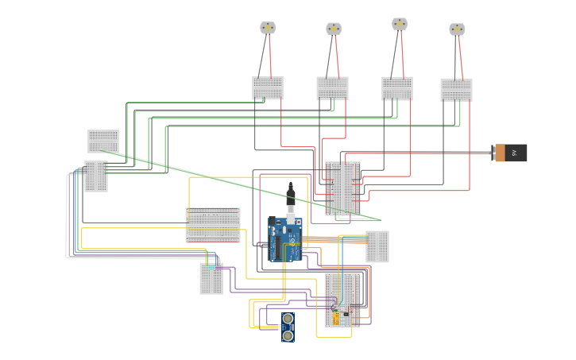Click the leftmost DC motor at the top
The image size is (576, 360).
click(268, 28)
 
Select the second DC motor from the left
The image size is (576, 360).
click(334, 29)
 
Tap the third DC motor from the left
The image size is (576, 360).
click(400, 24)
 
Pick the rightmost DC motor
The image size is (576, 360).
click(457, 29)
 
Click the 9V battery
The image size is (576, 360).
click(510, 153)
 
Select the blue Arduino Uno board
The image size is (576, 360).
click(286, 238)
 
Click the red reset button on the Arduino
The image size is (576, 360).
click(274, 224)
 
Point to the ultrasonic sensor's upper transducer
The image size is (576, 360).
click(287, 319)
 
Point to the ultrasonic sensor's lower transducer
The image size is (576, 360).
click(287, 335)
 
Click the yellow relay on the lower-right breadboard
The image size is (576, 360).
click(337, 319)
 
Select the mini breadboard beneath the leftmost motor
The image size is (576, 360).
click(268, 87)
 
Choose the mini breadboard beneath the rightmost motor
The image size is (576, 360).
click(456, 90)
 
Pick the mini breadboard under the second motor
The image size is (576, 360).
click(332, 87)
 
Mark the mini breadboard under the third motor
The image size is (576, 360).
click(396, 88)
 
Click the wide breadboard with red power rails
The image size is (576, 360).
click(213, 225)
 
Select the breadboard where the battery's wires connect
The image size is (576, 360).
click(342, 187)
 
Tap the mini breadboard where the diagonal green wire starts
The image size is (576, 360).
click(103, 141)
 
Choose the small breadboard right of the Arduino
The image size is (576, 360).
click(377, 246)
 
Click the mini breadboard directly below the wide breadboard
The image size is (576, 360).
click(211, 278)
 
